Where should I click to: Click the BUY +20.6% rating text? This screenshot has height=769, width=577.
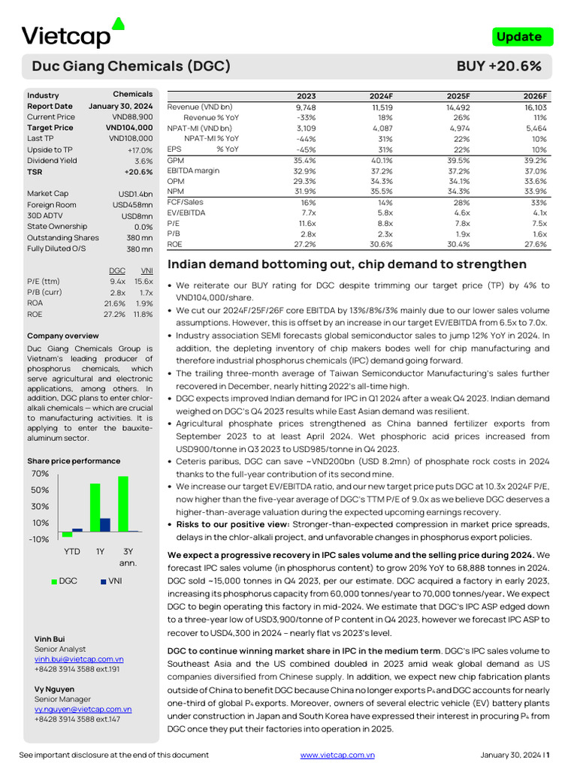coord(499,66)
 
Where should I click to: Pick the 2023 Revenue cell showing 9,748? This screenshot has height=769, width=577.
coord(306,107)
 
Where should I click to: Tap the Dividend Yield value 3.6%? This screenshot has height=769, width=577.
coord(143,161)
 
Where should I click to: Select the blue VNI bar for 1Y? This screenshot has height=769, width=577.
coord(105,525)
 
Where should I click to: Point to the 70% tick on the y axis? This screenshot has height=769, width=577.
coord(40,474)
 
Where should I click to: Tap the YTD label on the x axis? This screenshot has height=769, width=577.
coord(72,550)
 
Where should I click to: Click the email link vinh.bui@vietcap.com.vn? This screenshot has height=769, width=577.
coord(79,659)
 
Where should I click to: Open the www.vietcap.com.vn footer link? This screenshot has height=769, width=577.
coord(337,755)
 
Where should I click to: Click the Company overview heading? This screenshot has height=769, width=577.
coord(62,336)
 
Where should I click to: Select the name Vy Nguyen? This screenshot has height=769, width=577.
coord(54,689)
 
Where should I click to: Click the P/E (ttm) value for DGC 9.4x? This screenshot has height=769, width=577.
coord(117,282)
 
